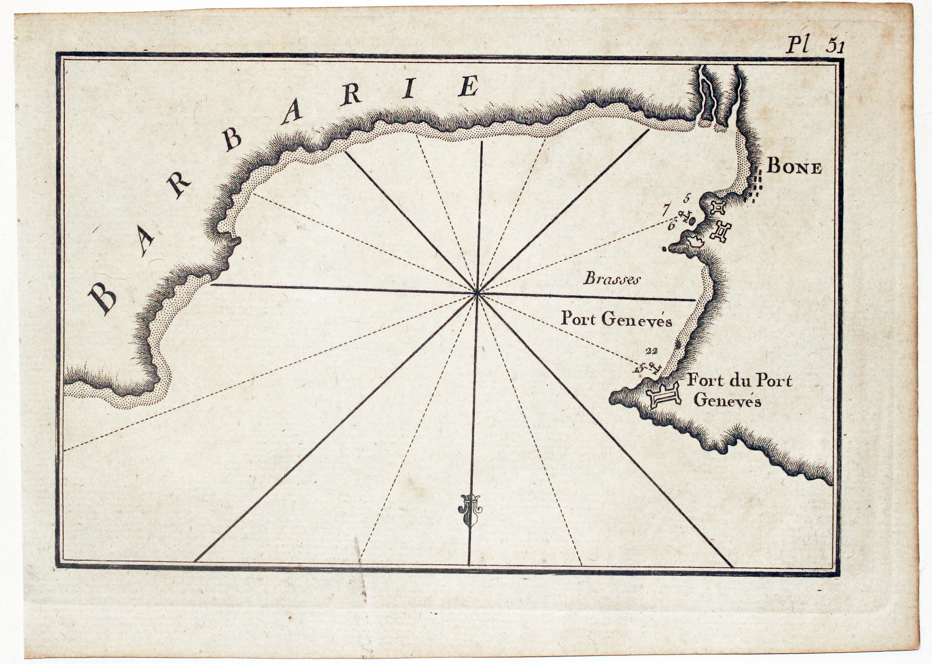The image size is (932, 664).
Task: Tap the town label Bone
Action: [x=794, y=168]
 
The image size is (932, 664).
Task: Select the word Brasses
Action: [x=611, y=279]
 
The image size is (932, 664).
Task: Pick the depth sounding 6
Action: [x=671, y=225]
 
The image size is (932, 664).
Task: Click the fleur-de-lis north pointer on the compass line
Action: [x=470, y=509]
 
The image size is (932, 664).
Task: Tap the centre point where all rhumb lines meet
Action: [x=477, y=292]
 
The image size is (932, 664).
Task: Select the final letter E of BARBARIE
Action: [x=468, y=86]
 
